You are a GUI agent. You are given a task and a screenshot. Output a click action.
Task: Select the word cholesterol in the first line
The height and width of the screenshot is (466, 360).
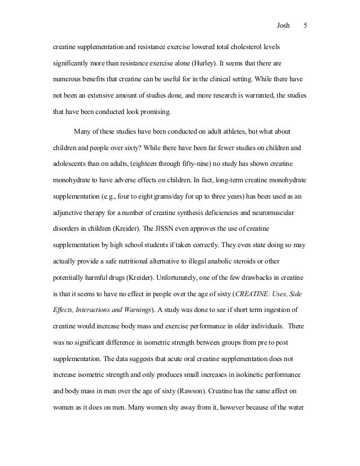pos(235,45)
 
